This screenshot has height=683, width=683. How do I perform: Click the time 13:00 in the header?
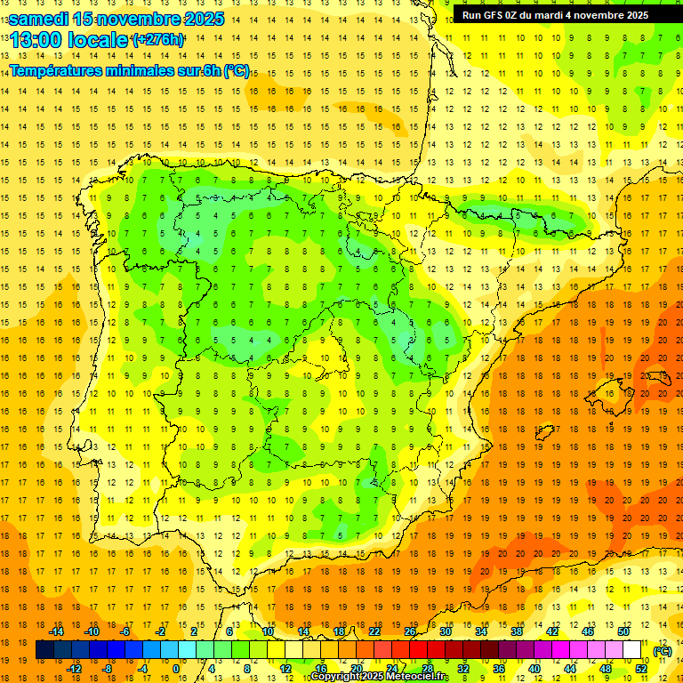[x=40, y=40]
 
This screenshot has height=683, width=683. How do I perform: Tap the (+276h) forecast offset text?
[x=157, y=39]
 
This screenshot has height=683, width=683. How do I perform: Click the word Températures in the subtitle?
[x=54, y=70]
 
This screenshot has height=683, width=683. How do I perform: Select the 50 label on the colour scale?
[x=623, y=631]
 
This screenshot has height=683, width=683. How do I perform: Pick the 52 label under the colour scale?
[x=641, y=669]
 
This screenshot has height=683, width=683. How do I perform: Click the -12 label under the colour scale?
[x=74, y=669]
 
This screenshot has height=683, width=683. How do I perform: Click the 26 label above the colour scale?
[x=410, y=631]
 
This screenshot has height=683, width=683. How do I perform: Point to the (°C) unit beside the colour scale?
[x=663, y=651]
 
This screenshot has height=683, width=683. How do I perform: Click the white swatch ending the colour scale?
[x=632, y=650]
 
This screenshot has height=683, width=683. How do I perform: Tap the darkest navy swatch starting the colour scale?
[x=44, y=650]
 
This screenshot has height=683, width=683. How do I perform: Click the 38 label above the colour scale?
[x=517, y=631]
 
